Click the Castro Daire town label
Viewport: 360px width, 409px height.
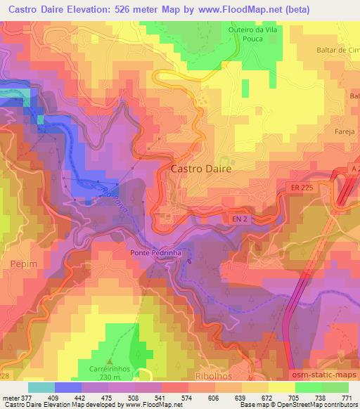click(201, 169)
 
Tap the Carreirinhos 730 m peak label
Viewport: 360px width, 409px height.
click(115, 373)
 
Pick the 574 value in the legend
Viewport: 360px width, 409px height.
click(186, 397)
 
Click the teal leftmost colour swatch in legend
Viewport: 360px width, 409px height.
click(41, 387)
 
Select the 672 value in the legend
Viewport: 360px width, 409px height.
click(266, 397)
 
